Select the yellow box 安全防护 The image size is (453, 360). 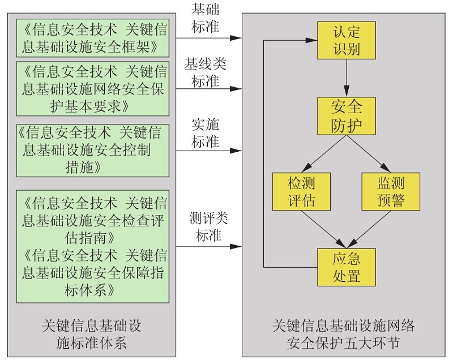pos(346,115)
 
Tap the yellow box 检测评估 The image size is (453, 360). pos(301,191)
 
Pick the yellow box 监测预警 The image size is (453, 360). pos(390,191)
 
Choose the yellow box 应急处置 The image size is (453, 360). pos(346,267)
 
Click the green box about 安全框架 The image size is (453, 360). pos(92,37)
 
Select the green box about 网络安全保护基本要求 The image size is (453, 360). pos(92,88)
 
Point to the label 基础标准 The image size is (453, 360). pos(205,18)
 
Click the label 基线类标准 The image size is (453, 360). pos(205,72)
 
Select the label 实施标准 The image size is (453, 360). pos(205,134)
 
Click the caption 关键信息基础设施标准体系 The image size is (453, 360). pos(92,335)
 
